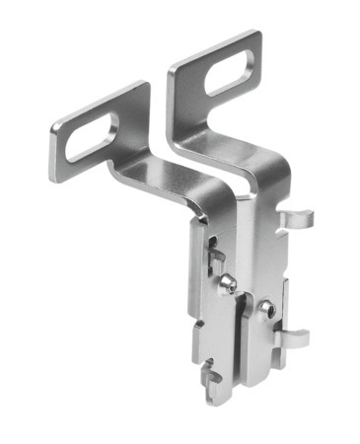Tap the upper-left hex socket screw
tap(228, 284)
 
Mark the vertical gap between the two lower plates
tap(240, 326)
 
